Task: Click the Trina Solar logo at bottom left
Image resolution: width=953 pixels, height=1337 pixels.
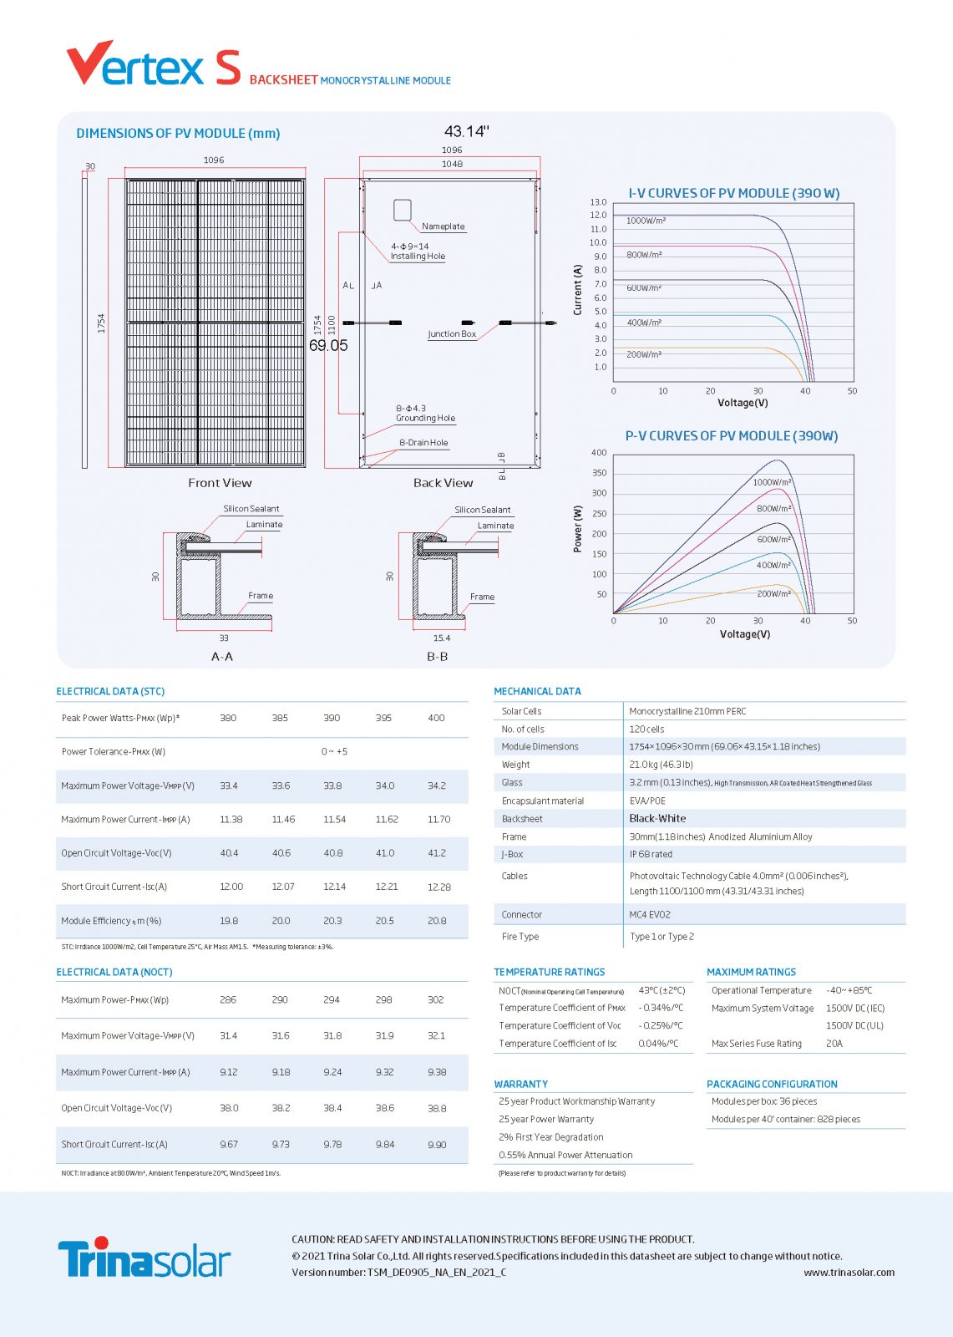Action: [144, 1258]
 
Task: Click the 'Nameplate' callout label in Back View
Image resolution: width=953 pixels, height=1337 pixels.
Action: [443, 226]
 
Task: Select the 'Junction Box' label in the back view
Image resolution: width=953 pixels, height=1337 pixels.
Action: [452, 333]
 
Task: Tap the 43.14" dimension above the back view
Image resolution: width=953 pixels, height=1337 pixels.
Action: [466, 132]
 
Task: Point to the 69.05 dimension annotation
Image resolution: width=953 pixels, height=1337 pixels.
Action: [328, 345]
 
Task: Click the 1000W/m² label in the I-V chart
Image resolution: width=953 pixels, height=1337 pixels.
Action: [646, 221]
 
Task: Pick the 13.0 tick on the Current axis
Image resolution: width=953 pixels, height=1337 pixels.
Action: [598, 202]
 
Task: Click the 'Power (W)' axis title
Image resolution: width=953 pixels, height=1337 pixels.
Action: [577, 528]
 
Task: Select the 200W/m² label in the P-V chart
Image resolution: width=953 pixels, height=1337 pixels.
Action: [773, 593]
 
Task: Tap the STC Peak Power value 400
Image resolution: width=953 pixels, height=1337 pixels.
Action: [436, 718]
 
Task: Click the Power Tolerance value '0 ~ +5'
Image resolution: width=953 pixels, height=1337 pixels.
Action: [334, 751]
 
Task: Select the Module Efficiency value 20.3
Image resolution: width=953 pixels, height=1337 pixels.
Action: [332, 921]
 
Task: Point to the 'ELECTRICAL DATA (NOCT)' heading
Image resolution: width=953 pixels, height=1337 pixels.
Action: [114, 972]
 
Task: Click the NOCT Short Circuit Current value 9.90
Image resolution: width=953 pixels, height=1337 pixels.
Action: [437, 1145]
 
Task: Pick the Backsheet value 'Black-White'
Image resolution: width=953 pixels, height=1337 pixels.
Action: [657, 818]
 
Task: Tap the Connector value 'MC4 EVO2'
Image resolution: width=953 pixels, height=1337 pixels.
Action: [650, 914]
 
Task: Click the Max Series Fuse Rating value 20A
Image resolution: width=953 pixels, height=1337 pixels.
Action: [834, 1044]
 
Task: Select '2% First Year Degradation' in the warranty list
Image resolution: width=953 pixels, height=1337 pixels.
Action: [551, 1137]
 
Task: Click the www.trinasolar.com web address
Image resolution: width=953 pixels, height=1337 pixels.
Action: [849, 1273]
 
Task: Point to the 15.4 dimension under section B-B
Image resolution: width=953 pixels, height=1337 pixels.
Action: [442, 638]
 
